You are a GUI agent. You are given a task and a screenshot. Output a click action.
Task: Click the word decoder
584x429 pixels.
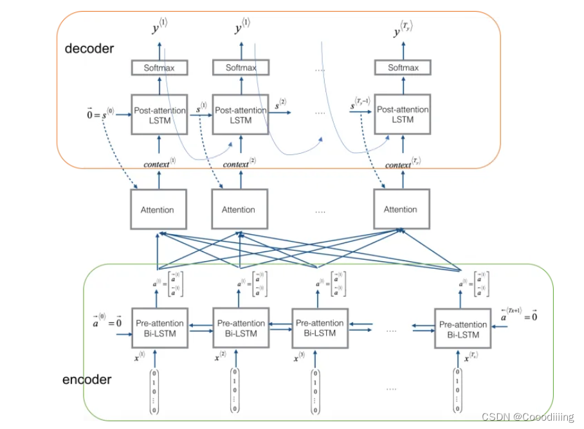pos(89,49)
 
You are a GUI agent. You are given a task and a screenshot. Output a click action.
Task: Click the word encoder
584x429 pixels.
pos(87,379)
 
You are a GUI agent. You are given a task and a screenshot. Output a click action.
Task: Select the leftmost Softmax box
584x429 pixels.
pos(158,68)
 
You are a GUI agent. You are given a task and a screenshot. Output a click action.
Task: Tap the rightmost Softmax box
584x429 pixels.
pos(403,68)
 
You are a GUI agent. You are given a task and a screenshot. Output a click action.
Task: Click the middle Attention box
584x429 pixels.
pos(239,210)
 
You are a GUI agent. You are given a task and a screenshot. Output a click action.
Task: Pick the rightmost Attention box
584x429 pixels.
pos(401,210)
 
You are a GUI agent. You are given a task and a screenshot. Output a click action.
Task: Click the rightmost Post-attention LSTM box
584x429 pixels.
pos(403,114)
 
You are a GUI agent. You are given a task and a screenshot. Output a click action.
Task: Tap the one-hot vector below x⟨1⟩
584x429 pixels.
pos(154,390)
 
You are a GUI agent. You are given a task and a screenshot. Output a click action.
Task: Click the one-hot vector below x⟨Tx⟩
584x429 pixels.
pos(457,390)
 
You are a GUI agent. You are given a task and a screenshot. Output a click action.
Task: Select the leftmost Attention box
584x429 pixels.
pos(158,210)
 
